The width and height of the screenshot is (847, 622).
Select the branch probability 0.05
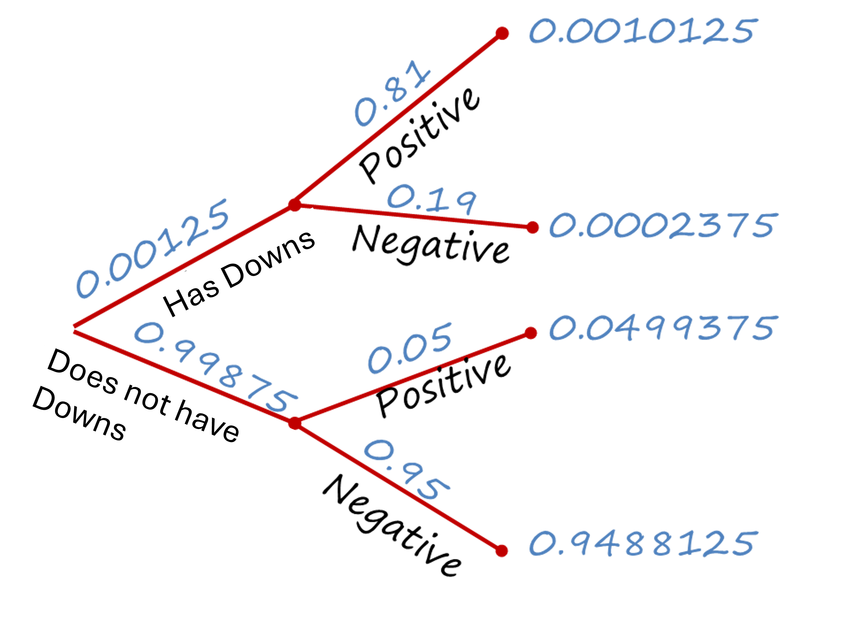pyautogui.click(x=409, y=349)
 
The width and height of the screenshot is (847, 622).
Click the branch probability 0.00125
pyautogui.click(x=152, y=249)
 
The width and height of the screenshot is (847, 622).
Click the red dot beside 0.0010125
pyautogui.click(x=502, y=33)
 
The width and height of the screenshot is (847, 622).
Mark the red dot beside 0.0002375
pyautogui.click(x=532, y=227)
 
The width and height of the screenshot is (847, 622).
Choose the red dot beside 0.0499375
pyautogui.click(x=531, y=333)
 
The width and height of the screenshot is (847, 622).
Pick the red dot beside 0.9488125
pyautogui.click(x=501, y=551)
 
